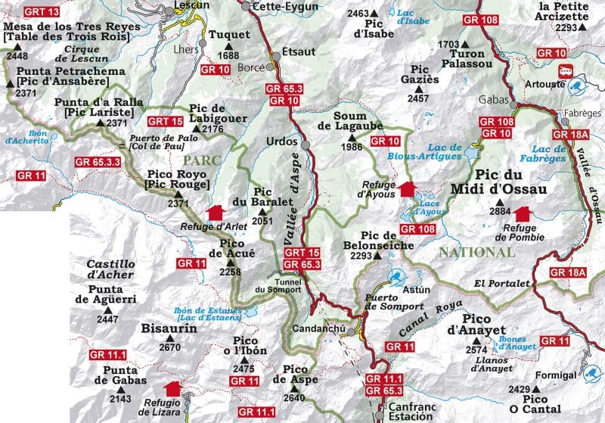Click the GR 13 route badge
coord(41,13)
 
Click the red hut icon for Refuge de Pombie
coord(522,216)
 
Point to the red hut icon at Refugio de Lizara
coord(173,388)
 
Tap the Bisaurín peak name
coord(169,329)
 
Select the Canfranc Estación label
coord(411,412)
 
